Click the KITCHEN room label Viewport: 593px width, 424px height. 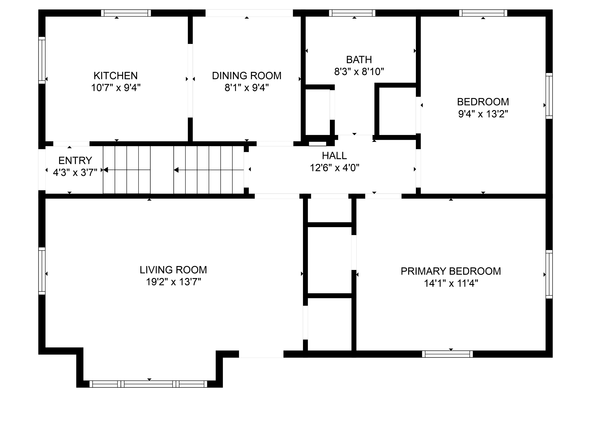115,76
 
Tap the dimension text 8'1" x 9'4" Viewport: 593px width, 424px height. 247,88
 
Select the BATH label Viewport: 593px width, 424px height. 359,60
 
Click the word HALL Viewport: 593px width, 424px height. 334,156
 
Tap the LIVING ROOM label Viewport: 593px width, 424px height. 173,270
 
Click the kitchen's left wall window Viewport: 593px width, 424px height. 42,60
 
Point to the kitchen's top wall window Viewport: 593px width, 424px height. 126,13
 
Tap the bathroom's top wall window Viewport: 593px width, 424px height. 352,13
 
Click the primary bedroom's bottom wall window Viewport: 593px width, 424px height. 448,354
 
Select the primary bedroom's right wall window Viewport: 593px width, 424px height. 549,274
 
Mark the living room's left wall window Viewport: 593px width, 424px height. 42,271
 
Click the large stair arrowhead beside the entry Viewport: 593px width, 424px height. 106,170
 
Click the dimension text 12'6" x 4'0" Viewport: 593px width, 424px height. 334,168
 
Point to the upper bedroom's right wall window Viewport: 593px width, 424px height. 549,96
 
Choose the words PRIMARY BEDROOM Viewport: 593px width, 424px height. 451,271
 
